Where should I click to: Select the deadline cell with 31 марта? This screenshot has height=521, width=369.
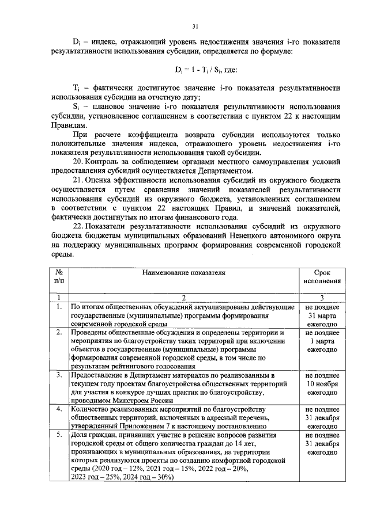tap(322, 316)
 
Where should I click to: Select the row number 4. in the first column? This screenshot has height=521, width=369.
tap(58, 409)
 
